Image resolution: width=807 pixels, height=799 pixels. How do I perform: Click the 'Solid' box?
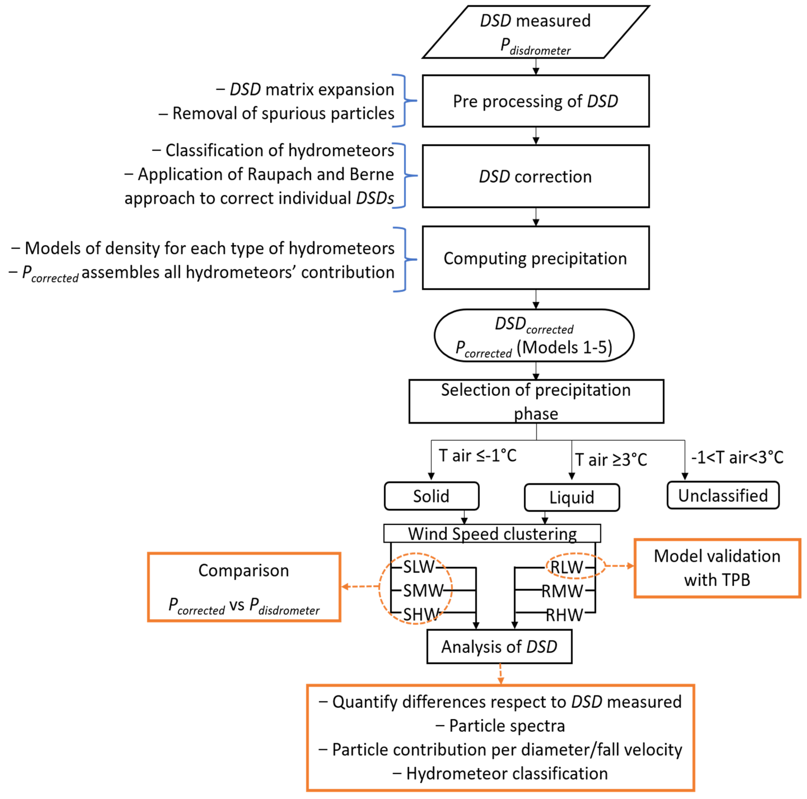pyautogui.click(x=431, y=496)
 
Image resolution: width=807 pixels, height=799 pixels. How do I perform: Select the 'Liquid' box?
pyautogui.click(x=572, y=497)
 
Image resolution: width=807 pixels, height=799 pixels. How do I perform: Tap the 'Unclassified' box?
pyautogui.click(x=723, y=495)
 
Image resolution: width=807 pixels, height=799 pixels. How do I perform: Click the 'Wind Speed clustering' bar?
pyautogui.click(x=492, y=534)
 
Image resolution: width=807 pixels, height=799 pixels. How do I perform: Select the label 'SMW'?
pyautogui.click(x=423, y=590)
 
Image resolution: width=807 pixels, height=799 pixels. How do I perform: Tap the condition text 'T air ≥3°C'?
pyautogui.click(x=611, y=460)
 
